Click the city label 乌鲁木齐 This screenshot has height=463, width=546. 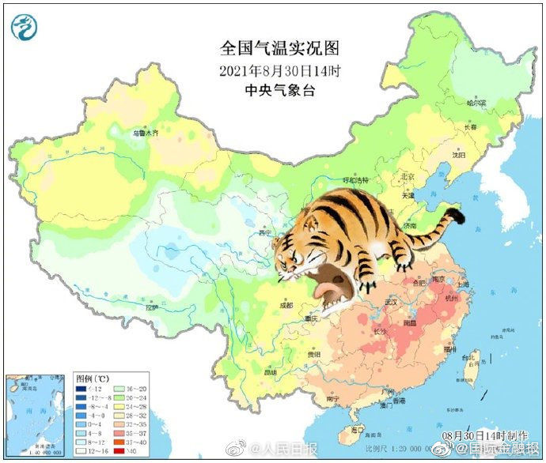pyautogui.click(x=145, y=134)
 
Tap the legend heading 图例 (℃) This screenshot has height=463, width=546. pyautogui.click(x=93, y=378)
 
